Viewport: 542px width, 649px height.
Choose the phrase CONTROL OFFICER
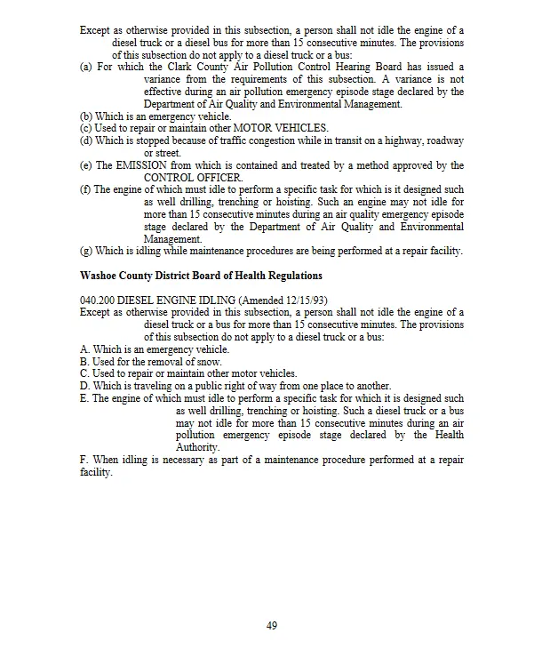(180, 178)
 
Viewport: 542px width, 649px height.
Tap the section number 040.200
(97, 300)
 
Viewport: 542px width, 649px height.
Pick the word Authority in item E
(196, 447)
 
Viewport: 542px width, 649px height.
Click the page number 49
(272, 625)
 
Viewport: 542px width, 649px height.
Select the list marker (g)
(85, 252)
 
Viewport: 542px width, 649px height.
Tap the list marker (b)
(85, 116)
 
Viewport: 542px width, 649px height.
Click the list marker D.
(84, 386)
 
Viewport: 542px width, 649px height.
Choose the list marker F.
(84, 460)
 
